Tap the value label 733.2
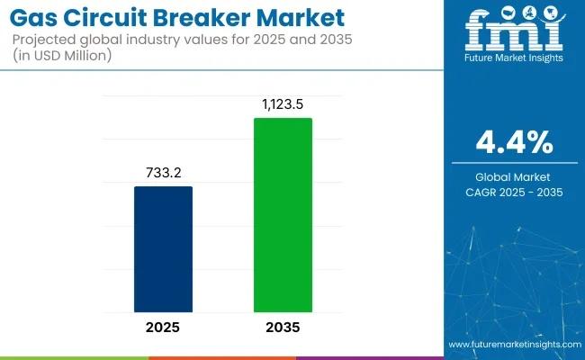(x=163, y=173)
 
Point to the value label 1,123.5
(x=283, y=104)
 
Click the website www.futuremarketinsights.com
(x=512, y=345)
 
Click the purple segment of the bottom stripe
(x=369, y=357)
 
